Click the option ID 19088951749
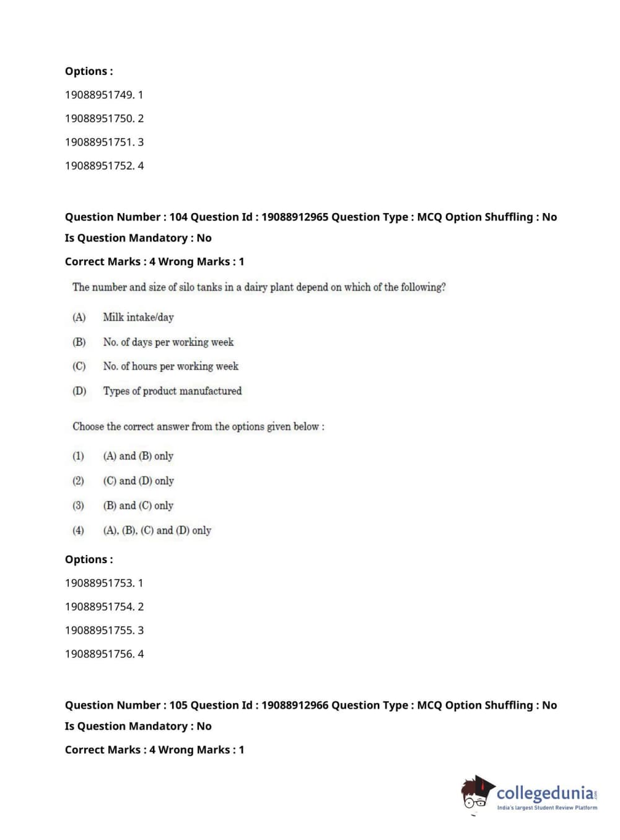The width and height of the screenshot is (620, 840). [99, 95]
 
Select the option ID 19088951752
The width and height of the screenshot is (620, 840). [99, 165]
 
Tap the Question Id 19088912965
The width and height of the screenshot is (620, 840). [294, 217]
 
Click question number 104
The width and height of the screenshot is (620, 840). [178, 217]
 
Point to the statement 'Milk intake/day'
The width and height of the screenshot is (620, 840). [138, 317]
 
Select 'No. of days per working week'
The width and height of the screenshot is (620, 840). [168, 342]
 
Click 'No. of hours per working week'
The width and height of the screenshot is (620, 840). [170, 366]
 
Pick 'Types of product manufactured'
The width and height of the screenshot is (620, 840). [172, 391]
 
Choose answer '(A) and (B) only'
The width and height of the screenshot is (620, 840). [138, 456]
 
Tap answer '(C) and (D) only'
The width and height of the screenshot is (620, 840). [138, 481]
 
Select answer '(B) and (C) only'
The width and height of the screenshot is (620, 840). [138, 505]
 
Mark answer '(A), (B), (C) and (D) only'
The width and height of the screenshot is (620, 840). [157, 530]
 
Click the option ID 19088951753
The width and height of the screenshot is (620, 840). [99, 583]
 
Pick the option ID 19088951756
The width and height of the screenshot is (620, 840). [99, 654]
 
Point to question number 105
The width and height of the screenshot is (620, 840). [178, 705]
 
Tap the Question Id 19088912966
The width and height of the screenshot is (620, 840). [294, 705]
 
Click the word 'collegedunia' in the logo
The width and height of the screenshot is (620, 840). [544, 793]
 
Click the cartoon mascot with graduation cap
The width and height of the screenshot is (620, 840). [476, 793]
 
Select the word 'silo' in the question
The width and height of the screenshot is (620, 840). [186, 287]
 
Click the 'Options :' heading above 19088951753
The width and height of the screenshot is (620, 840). [89, 559]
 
